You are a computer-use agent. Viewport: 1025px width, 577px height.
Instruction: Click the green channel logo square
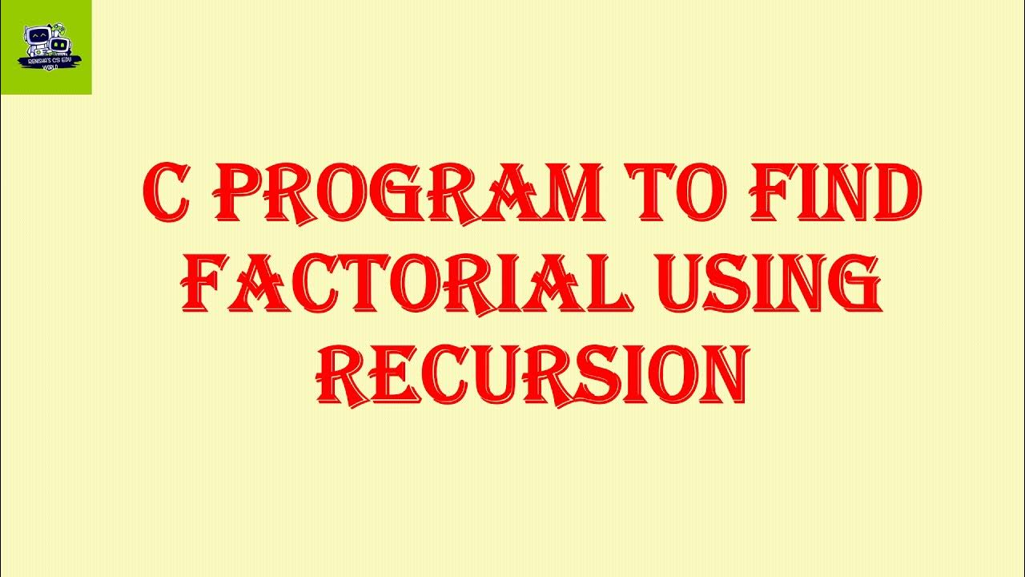[46, 46]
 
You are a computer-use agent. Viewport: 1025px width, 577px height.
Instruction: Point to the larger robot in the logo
[37, 37]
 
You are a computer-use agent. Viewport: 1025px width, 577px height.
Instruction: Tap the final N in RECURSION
[726, 375]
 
